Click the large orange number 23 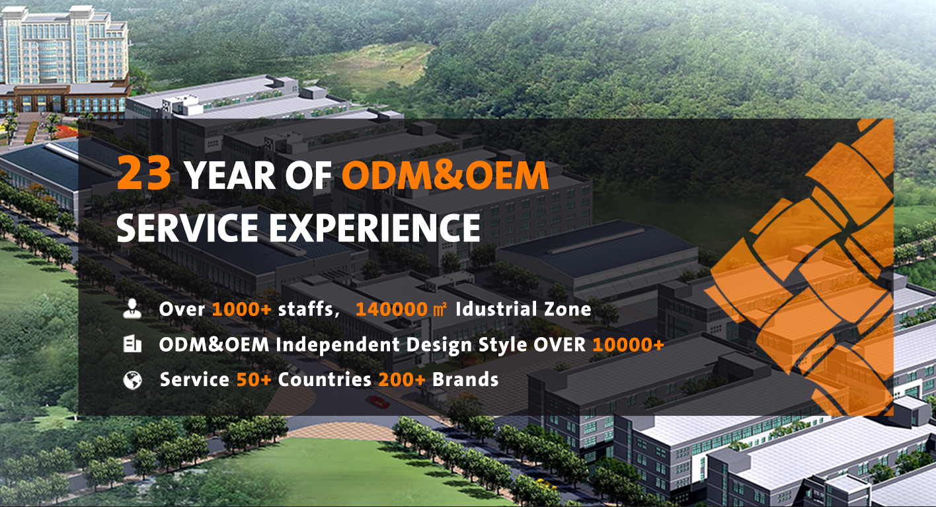144,173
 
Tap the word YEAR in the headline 230,176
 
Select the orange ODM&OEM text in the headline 445,176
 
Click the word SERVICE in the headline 187,227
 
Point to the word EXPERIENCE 374,227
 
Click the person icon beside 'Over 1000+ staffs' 132,309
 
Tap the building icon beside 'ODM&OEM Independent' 132,344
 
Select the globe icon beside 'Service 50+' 132,380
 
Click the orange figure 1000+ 242,309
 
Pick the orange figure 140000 391,309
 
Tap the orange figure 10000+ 628,345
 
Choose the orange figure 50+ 254,380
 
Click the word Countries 325,380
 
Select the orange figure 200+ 402,380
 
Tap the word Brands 465,379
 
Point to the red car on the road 379,403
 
